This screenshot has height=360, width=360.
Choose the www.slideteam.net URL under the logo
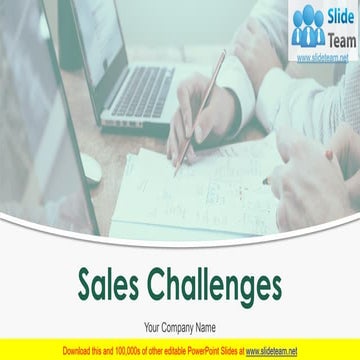click(322, 58)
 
